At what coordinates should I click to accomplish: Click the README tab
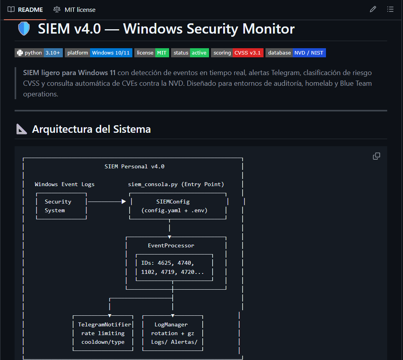click(25, 9)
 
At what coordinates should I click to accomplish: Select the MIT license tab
click(75, 9)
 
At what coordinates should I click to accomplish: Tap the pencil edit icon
click(373, 9)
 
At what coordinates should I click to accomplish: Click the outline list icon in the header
click(390, 9)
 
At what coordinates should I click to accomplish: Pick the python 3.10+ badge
click(39, 53)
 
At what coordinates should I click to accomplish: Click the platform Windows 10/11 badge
click(98, 53)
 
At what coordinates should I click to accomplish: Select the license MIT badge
click(152, 53)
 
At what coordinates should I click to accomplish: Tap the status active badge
click(190, 53)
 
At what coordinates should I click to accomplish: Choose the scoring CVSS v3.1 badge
click(237, 53)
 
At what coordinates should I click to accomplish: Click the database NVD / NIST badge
click(296, 53)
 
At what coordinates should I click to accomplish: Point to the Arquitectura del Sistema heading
click(91, 129)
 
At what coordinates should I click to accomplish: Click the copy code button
click(377, 156)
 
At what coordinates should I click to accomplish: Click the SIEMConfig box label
click(173, 202)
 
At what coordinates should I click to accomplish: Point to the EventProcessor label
click(171, 245)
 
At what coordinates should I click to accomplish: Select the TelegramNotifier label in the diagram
click(105, 324)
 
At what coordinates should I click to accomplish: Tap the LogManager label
click(171, 324)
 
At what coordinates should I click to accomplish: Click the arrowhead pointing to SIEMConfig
click(124, 202)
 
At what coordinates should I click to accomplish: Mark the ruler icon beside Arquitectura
click(21, 129)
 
